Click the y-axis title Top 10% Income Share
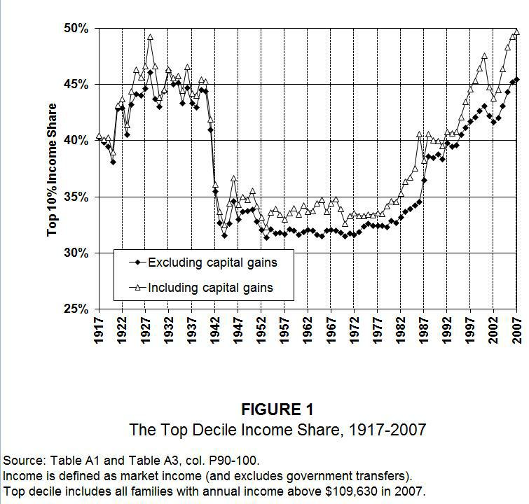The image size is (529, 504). [x=53, y=169]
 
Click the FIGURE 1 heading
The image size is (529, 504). [x=277, y=410]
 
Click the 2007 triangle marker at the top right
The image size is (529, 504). [x=517, y=31]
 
